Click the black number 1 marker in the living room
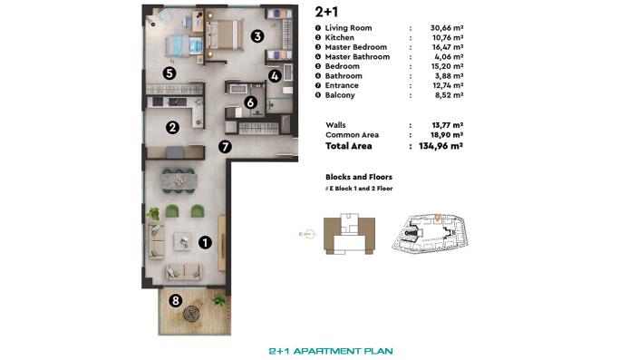tap(205, 242)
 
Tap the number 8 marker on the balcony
tap(175, 300)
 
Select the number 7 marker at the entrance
tap(225, 145)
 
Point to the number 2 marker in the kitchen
tap(171, 128)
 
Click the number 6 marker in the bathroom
tap(249, 102)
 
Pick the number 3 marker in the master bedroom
tap(257, 36)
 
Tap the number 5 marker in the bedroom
tap(169, 73)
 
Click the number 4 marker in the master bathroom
tap(274, 77)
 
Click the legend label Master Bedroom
tap(355, 47)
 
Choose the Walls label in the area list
tap(335, 124)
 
